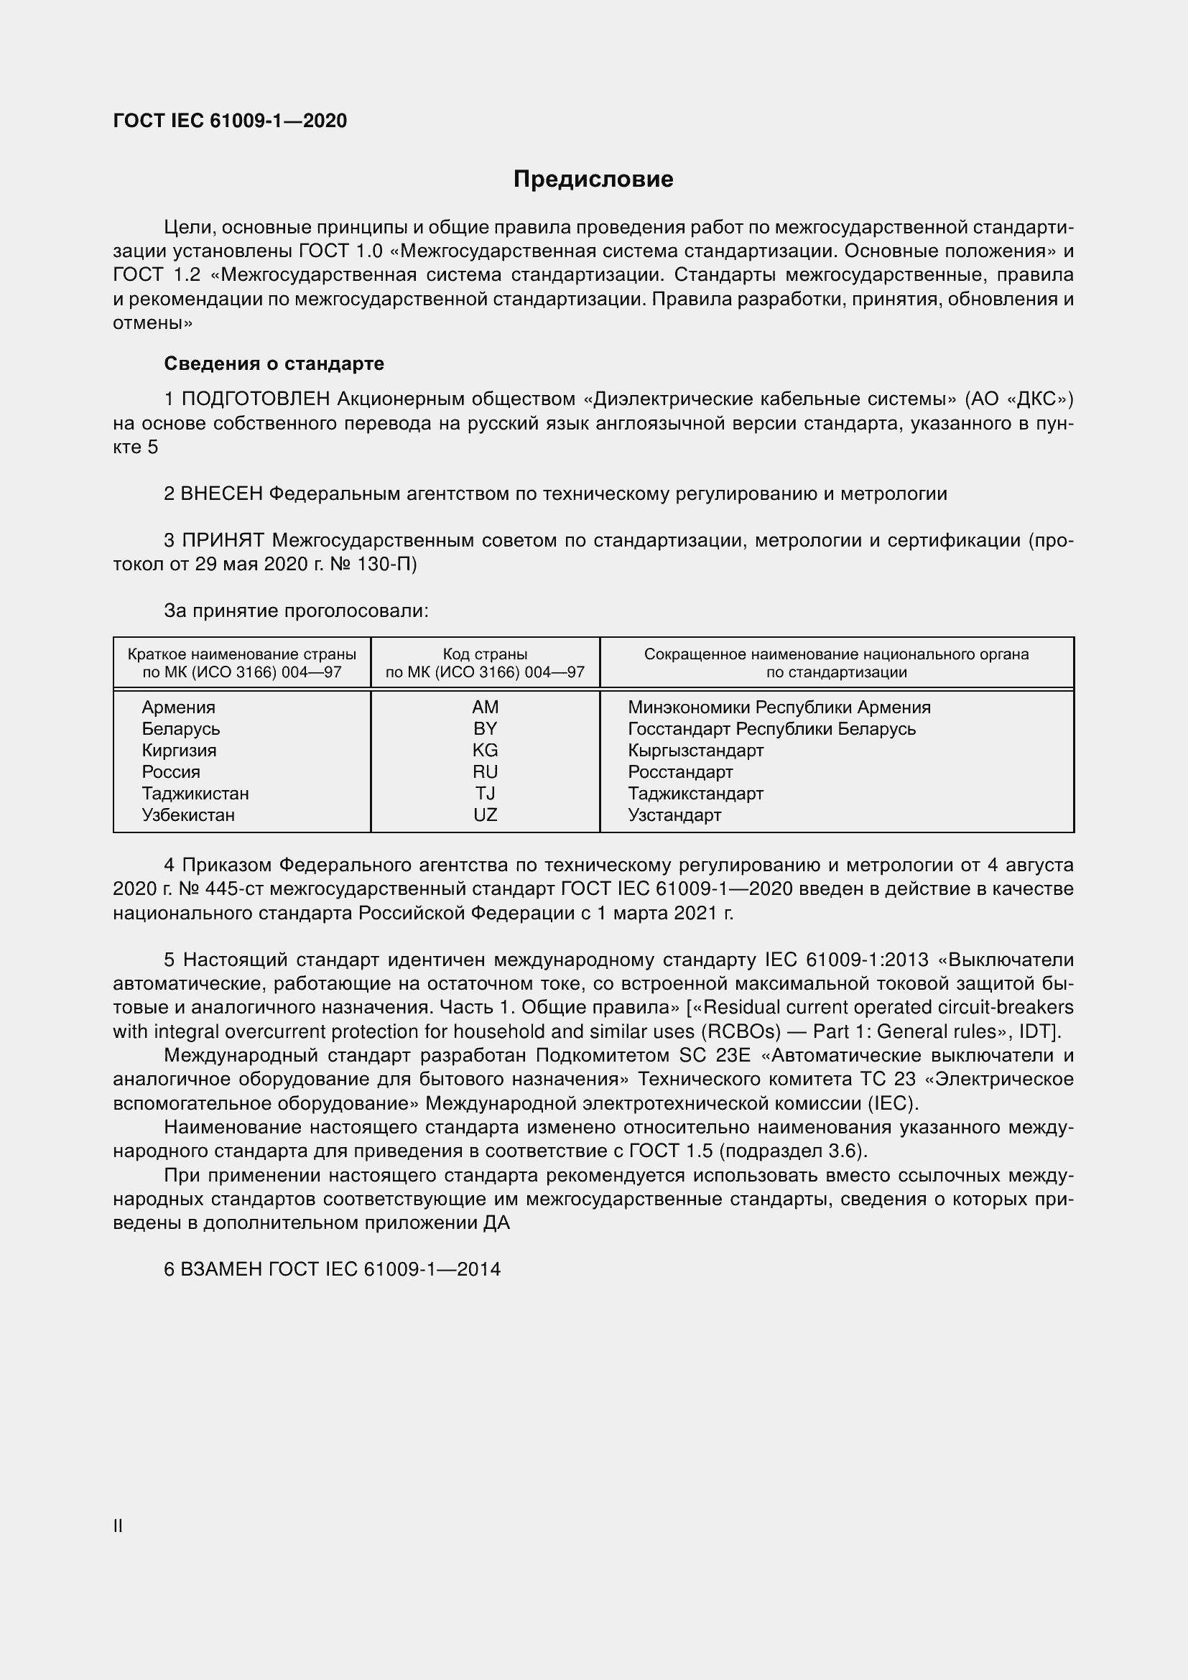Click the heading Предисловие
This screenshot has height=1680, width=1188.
tap(593, 180)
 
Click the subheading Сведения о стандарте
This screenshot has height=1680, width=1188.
tap(274, 363)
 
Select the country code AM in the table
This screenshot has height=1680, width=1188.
tap(485, 707)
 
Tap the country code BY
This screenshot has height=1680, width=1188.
tap(485, 729)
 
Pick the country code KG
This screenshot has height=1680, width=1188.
tap(485, 750)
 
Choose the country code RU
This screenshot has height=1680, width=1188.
tap(485, 772)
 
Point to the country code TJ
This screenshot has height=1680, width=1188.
tap(485, 793)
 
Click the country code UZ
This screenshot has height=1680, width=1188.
tap(485, 815)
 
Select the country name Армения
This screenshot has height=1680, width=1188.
tap(179, 707)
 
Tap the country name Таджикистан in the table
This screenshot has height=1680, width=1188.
tap(195, 793)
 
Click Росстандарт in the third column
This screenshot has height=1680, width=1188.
tap(680, 772)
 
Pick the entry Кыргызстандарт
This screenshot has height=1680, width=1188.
tap(696, 750)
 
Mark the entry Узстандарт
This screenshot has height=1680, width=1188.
tap(674, 815)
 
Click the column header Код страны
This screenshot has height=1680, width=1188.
tap(485, 654)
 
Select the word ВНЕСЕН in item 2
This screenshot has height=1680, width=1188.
tap(222, 494)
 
